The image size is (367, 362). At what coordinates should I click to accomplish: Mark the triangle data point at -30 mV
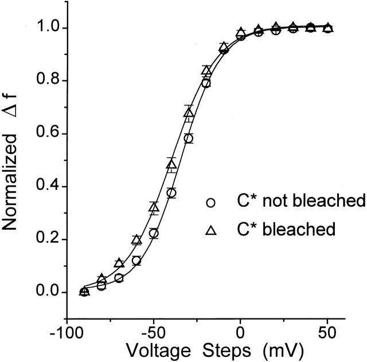coord(189,112)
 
